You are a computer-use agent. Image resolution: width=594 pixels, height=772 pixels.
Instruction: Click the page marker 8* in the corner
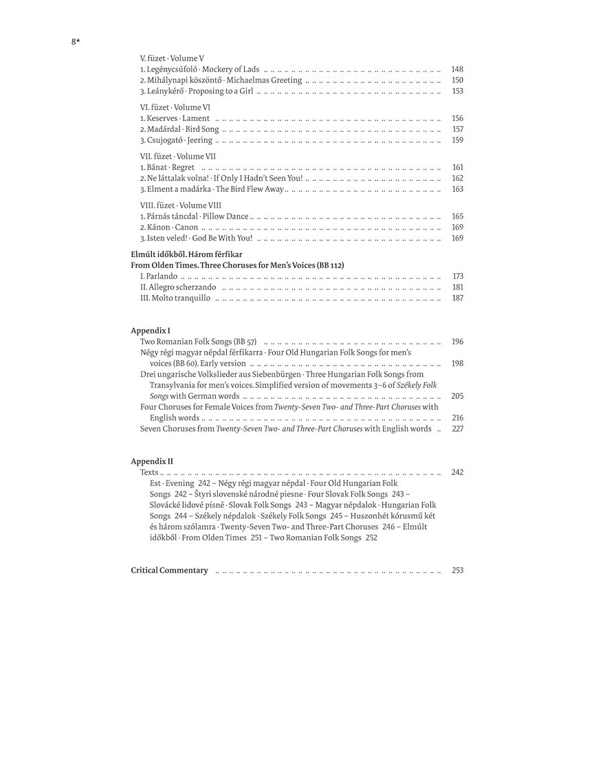click(x=76, y=42)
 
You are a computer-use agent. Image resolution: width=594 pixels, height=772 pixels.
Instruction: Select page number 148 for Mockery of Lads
click(x=457, y=69)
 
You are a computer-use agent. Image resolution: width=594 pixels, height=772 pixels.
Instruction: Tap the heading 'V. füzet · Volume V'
click(x=172, y=58)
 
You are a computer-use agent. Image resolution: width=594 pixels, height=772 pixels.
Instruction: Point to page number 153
click(x=457, y=91)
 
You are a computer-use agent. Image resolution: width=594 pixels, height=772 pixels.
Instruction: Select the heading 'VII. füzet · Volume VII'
click(x=177, y=156)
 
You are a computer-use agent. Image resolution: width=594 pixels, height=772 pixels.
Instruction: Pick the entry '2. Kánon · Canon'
click(x=169, y=228)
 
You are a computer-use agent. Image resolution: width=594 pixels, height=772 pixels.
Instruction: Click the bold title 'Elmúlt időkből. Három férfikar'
click(x=187, y=254)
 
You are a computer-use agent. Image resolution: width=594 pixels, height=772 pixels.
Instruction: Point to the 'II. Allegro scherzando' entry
click(x=178, y=287)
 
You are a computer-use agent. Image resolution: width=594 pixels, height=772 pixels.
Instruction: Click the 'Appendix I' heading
click(x=151, y=331)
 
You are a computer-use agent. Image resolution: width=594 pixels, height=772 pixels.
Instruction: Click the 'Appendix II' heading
click(x=152, y=461)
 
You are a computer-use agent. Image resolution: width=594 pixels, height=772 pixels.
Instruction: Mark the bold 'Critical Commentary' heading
click(x=169, y=571)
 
